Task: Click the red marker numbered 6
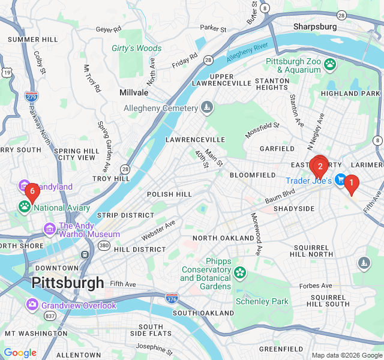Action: click(32, 191)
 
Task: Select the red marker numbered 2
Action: click(320, 166)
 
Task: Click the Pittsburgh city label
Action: click(68, 283)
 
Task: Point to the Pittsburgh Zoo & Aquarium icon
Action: click(330, 64)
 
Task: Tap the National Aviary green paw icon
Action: click(25, 208)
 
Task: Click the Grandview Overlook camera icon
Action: click(32, 305)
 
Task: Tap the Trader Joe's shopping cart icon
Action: click(341, 180)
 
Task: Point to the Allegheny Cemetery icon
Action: click(207, 108)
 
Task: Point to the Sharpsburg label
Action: click(315, 26)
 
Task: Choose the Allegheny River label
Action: click(247, 53)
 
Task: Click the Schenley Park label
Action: click(262, 301)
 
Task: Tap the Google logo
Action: click(20, 353)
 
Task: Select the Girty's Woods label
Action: click(136, 48)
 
